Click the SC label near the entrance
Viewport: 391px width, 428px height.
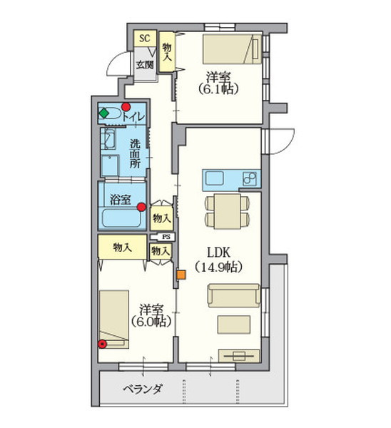click(x=144, y=39)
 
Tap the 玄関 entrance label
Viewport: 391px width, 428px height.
click(x=145, y=65)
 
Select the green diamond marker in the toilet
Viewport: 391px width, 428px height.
click(x=103, y=113)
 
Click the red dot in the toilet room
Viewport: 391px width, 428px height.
click(x=126, y=106)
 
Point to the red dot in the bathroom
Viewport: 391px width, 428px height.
click(x=141, y=207)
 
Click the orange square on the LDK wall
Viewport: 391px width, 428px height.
click(x=181, y=275)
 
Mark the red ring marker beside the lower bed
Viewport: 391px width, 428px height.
click(x=103, y=345)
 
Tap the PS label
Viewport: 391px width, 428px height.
click(x=166, y=237)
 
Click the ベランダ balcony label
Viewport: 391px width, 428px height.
click(x=142, y=389)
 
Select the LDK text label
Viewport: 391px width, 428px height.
click(x=219, y=253)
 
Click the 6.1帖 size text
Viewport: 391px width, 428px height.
click(x=218, y=88)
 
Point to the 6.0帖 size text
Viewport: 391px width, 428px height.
click(x=151, y=322)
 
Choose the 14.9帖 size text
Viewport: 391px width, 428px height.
click(x=219, y=267)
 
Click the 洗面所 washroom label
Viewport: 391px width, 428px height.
click(x=135, y=153)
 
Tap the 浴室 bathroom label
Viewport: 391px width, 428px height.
click(x=121, y=200)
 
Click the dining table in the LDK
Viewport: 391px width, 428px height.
click(x=227, y=211)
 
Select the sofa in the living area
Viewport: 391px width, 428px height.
click(x=234, y=295)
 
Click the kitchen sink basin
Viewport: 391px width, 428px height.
click(x=215, y=178)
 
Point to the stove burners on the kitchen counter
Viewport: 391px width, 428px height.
click(x=250, y=179)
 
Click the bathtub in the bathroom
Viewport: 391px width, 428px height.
click(x=121, y=218)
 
